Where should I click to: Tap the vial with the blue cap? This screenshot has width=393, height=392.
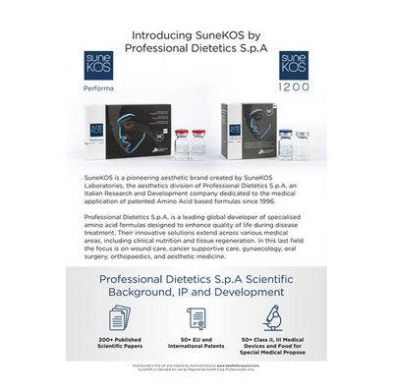point(285,141)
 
